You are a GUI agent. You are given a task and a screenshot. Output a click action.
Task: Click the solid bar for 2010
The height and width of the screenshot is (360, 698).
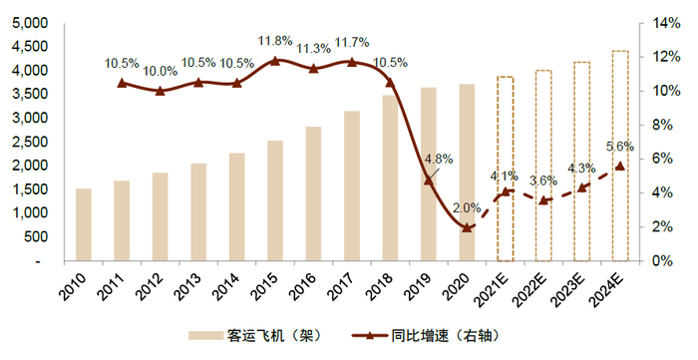click(x=83, y=224)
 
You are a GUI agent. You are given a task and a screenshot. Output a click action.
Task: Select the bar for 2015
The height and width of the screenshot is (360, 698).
click(x=275, y=200)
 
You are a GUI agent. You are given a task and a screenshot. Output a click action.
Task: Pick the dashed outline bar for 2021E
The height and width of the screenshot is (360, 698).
click(x=505, y=169)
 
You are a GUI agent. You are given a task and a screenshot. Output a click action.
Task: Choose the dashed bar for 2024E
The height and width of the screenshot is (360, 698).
click(x=620, y=156)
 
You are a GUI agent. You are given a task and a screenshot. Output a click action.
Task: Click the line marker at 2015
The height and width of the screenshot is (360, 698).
click(x=275, y=61)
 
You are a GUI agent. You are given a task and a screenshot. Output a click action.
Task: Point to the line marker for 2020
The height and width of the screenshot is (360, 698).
click(x=467, y=227)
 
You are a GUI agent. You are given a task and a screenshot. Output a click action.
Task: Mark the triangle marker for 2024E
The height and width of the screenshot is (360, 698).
click(x=620, y=166)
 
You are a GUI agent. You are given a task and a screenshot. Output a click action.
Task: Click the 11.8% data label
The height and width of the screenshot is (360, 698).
click(x=275, y=41)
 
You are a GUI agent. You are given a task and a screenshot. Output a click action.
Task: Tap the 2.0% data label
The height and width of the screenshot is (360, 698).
click(x=467, y=207)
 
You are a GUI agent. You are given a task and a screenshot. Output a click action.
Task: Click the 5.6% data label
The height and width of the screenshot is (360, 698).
click(x=620, y=146)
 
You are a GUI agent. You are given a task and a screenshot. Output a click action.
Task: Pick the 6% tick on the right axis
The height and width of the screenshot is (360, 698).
click(x=661, y=159)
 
